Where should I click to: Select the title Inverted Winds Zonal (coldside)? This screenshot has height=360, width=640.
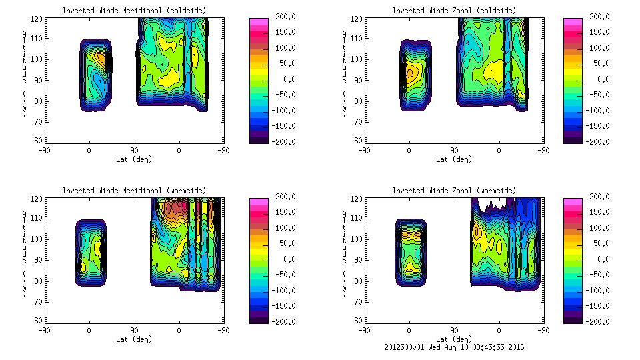(x=454, y=11)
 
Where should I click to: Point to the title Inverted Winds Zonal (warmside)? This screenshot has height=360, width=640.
(x=454, y=191)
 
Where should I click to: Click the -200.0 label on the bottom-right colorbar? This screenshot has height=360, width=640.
(x=602, y=322)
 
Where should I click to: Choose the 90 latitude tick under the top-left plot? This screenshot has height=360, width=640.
(x=134, y=151)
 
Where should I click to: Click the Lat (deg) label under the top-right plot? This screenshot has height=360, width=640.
(x=455, y=159)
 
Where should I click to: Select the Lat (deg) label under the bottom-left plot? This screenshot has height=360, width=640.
(x=135, y=339)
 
